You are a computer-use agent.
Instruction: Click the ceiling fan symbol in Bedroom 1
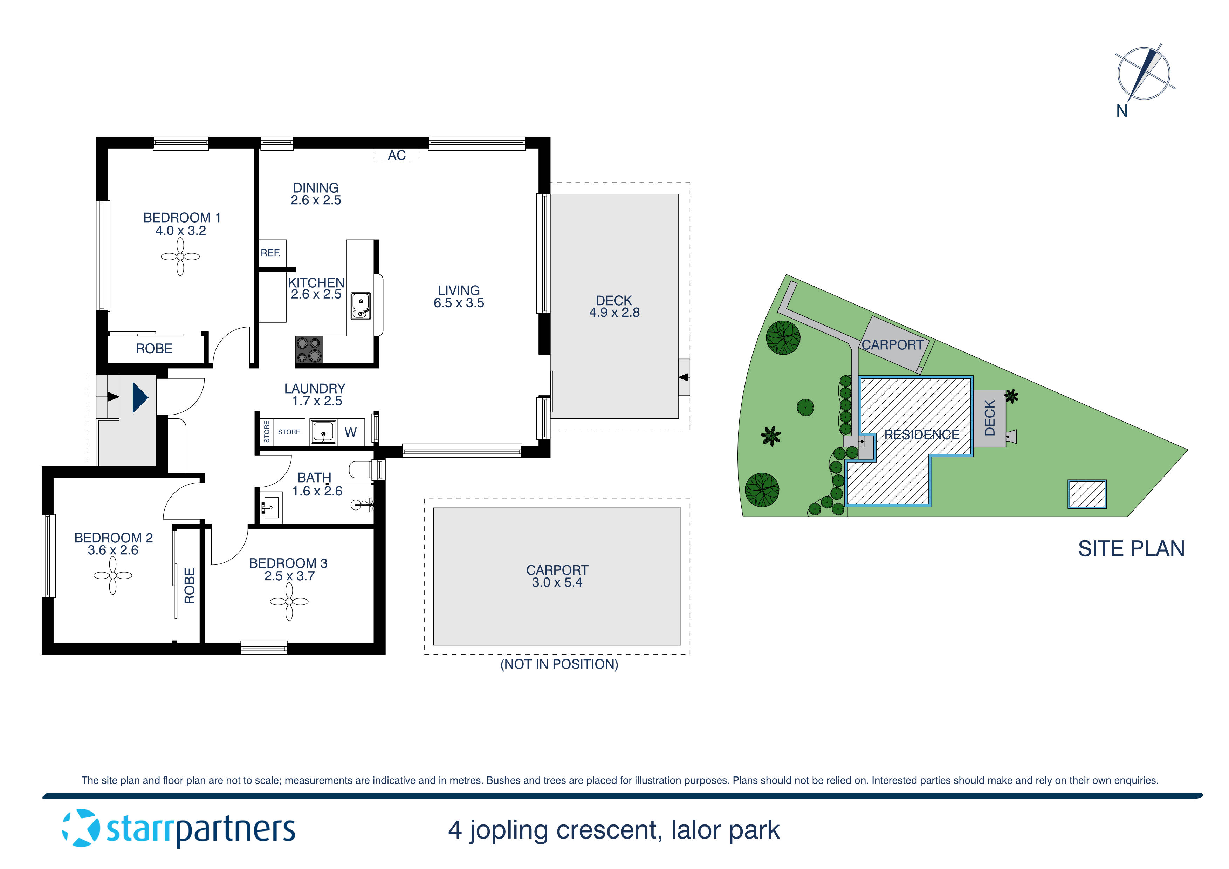[180, 256]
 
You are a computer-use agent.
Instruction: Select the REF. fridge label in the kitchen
[270, 253]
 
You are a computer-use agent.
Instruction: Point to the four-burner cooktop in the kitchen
[309, 350]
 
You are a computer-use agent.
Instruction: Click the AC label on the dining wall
[396, 155]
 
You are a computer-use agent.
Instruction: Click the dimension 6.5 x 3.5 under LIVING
[459, 303]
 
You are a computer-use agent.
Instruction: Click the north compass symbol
[1144, 74]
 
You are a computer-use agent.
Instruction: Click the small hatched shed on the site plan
[1087, 494]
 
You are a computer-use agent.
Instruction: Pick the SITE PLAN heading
[1131, 549]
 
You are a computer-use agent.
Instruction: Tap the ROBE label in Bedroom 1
[154, 349]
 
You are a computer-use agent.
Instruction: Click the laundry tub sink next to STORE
[323, 432]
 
